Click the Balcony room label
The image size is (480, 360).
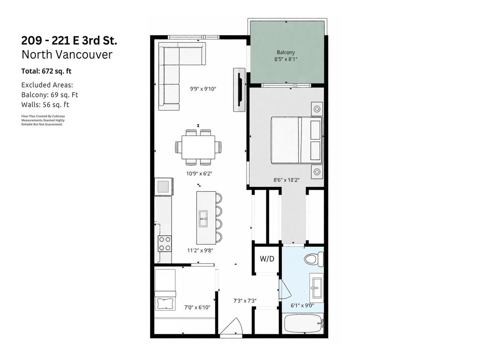(286, 52)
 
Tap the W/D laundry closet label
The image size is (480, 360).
(267, 259)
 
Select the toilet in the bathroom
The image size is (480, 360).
(314, 259)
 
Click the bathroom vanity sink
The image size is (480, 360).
(316, 287)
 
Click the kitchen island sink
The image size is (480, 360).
(203, 218)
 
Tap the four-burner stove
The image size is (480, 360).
(165, 243)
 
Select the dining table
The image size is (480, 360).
(198, 147)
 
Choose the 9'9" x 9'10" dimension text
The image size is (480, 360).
(203, 89)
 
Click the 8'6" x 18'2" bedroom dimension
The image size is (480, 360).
(287, 179)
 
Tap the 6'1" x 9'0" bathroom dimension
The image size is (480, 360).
(302, 305)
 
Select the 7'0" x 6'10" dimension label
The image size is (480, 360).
(197, 307)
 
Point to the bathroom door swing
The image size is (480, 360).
(285, 290)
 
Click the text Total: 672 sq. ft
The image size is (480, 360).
(46, 71)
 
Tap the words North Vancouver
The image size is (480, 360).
(67, 54)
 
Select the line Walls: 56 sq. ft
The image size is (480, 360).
(45, 105)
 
